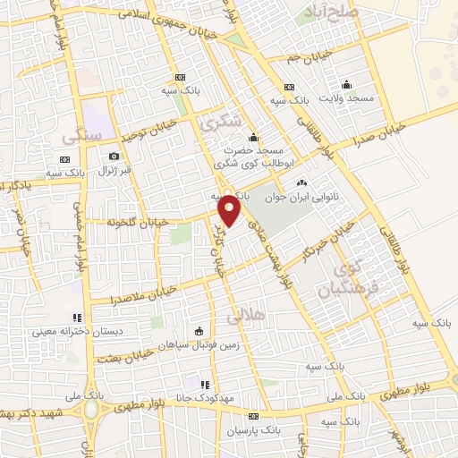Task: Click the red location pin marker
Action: [231, 211]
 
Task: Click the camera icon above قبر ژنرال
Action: [114, 157]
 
